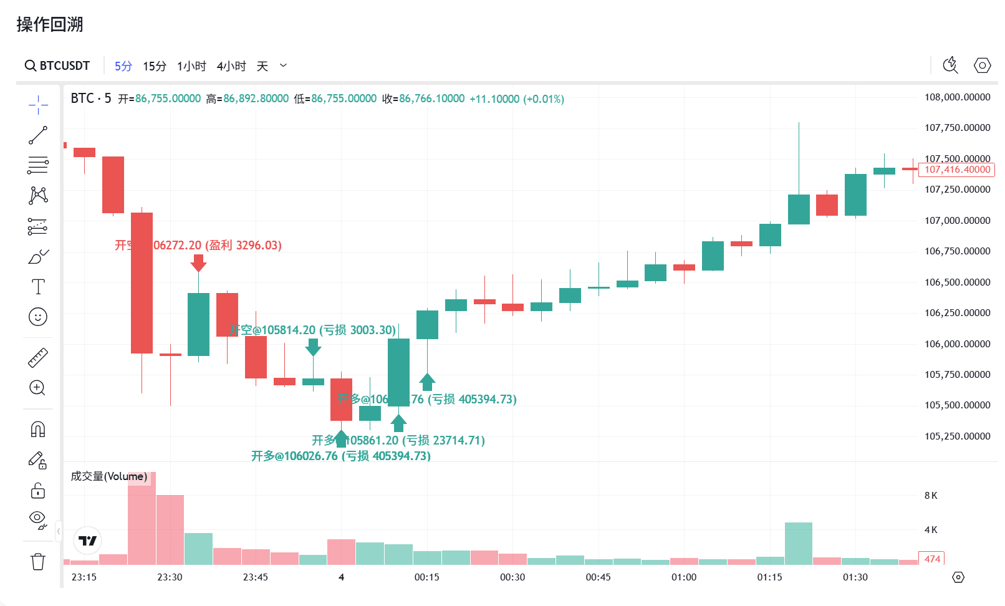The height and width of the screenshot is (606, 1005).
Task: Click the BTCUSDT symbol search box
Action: point(57,66)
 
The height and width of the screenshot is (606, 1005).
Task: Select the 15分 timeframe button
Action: point(154,66)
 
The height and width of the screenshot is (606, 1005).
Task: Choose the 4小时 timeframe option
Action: point(231,66)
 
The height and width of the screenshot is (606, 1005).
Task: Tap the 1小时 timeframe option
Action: point(191,66)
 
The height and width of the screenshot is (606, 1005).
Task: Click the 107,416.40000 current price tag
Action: point(957,170)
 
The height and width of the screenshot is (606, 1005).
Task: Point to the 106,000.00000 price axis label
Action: point(957,344)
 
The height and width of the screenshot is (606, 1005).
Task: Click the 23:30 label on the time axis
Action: point(170,577)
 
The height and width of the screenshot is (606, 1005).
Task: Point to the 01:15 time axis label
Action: point(769,577)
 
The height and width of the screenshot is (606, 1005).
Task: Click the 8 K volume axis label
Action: point(931,496)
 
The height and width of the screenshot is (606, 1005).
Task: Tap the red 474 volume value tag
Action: point(932,559)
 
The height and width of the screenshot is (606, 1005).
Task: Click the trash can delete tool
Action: point(38,562)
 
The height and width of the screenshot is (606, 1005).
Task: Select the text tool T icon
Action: point(38,287)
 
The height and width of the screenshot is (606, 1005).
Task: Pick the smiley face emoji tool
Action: point(38,317)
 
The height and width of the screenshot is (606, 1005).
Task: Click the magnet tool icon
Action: point(38,430)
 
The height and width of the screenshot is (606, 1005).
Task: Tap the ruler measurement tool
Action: point(38,358)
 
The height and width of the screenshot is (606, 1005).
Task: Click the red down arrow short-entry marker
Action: point(198,263)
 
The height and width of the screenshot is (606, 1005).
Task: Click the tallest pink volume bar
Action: point(142,519)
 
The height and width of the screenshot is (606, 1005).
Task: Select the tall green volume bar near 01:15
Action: point(799,544)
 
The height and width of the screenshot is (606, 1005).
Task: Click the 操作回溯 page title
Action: point(50,24)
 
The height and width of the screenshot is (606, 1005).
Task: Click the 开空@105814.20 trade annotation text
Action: point(312,330)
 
